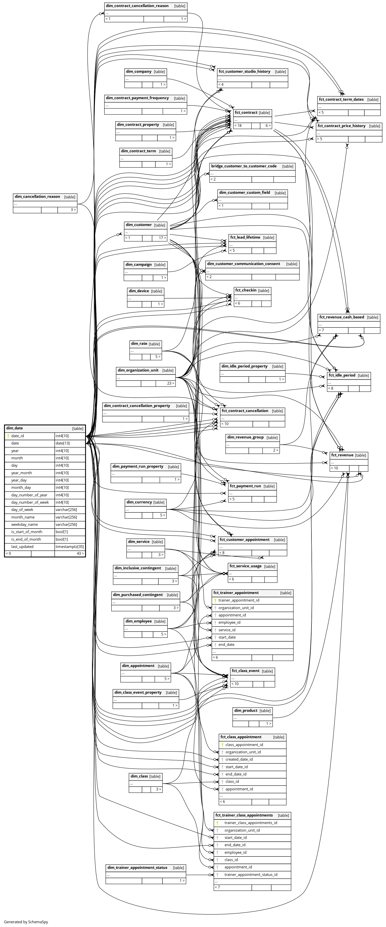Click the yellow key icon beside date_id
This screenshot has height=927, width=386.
click(8, 436)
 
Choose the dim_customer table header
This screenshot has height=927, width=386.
click(139, 225)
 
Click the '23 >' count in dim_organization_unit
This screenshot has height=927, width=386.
click(170, 383)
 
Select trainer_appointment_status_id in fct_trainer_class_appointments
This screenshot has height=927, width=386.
click(251, 874)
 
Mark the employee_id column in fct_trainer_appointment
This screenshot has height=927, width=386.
click(229, 622)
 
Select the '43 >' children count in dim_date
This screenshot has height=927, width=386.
click(80, 553)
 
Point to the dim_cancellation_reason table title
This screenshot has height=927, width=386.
click(38, 197)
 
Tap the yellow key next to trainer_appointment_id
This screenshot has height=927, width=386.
click(215, 600)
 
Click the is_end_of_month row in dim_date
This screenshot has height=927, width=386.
click(26, 539)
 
